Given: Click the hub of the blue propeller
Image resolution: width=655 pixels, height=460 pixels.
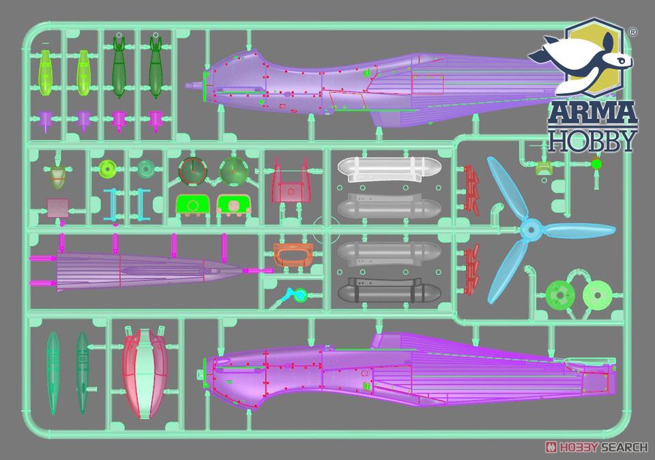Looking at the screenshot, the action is pos(530,229).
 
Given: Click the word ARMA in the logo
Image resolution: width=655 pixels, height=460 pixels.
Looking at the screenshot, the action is pos(592,112).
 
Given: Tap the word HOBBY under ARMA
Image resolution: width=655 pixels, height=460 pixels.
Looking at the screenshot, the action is pos(592,141).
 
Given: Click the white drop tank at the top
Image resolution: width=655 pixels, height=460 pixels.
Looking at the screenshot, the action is pos(389,169).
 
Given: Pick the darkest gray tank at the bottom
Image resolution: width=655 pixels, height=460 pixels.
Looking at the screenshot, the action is pos(389,291).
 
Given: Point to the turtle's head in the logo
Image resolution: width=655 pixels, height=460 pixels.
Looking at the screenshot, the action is pos(619,60).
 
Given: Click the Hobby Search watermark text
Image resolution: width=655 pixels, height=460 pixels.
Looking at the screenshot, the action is pos(596,447).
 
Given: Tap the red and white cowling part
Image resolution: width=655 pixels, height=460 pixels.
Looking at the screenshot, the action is pos(145,372).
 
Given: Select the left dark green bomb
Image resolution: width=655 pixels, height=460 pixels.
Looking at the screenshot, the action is pos(119,67).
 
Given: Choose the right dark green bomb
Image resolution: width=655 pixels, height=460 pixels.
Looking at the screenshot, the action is pos(156,67).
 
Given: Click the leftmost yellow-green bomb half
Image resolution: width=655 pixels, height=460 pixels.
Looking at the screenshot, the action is pos(46,73).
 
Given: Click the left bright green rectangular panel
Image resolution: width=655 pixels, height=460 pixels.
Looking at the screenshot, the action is pos(192,205).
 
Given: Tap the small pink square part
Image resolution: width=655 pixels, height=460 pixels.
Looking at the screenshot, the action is pos(57,208).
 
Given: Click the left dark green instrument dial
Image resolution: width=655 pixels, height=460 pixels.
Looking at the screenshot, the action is pos(193,171).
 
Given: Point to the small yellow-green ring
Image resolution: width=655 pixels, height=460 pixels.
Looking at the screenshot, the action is pos(107,169).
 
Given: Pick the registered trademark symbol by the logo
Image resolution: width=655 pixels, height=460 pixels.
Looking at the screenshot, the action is pos(632,32).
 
